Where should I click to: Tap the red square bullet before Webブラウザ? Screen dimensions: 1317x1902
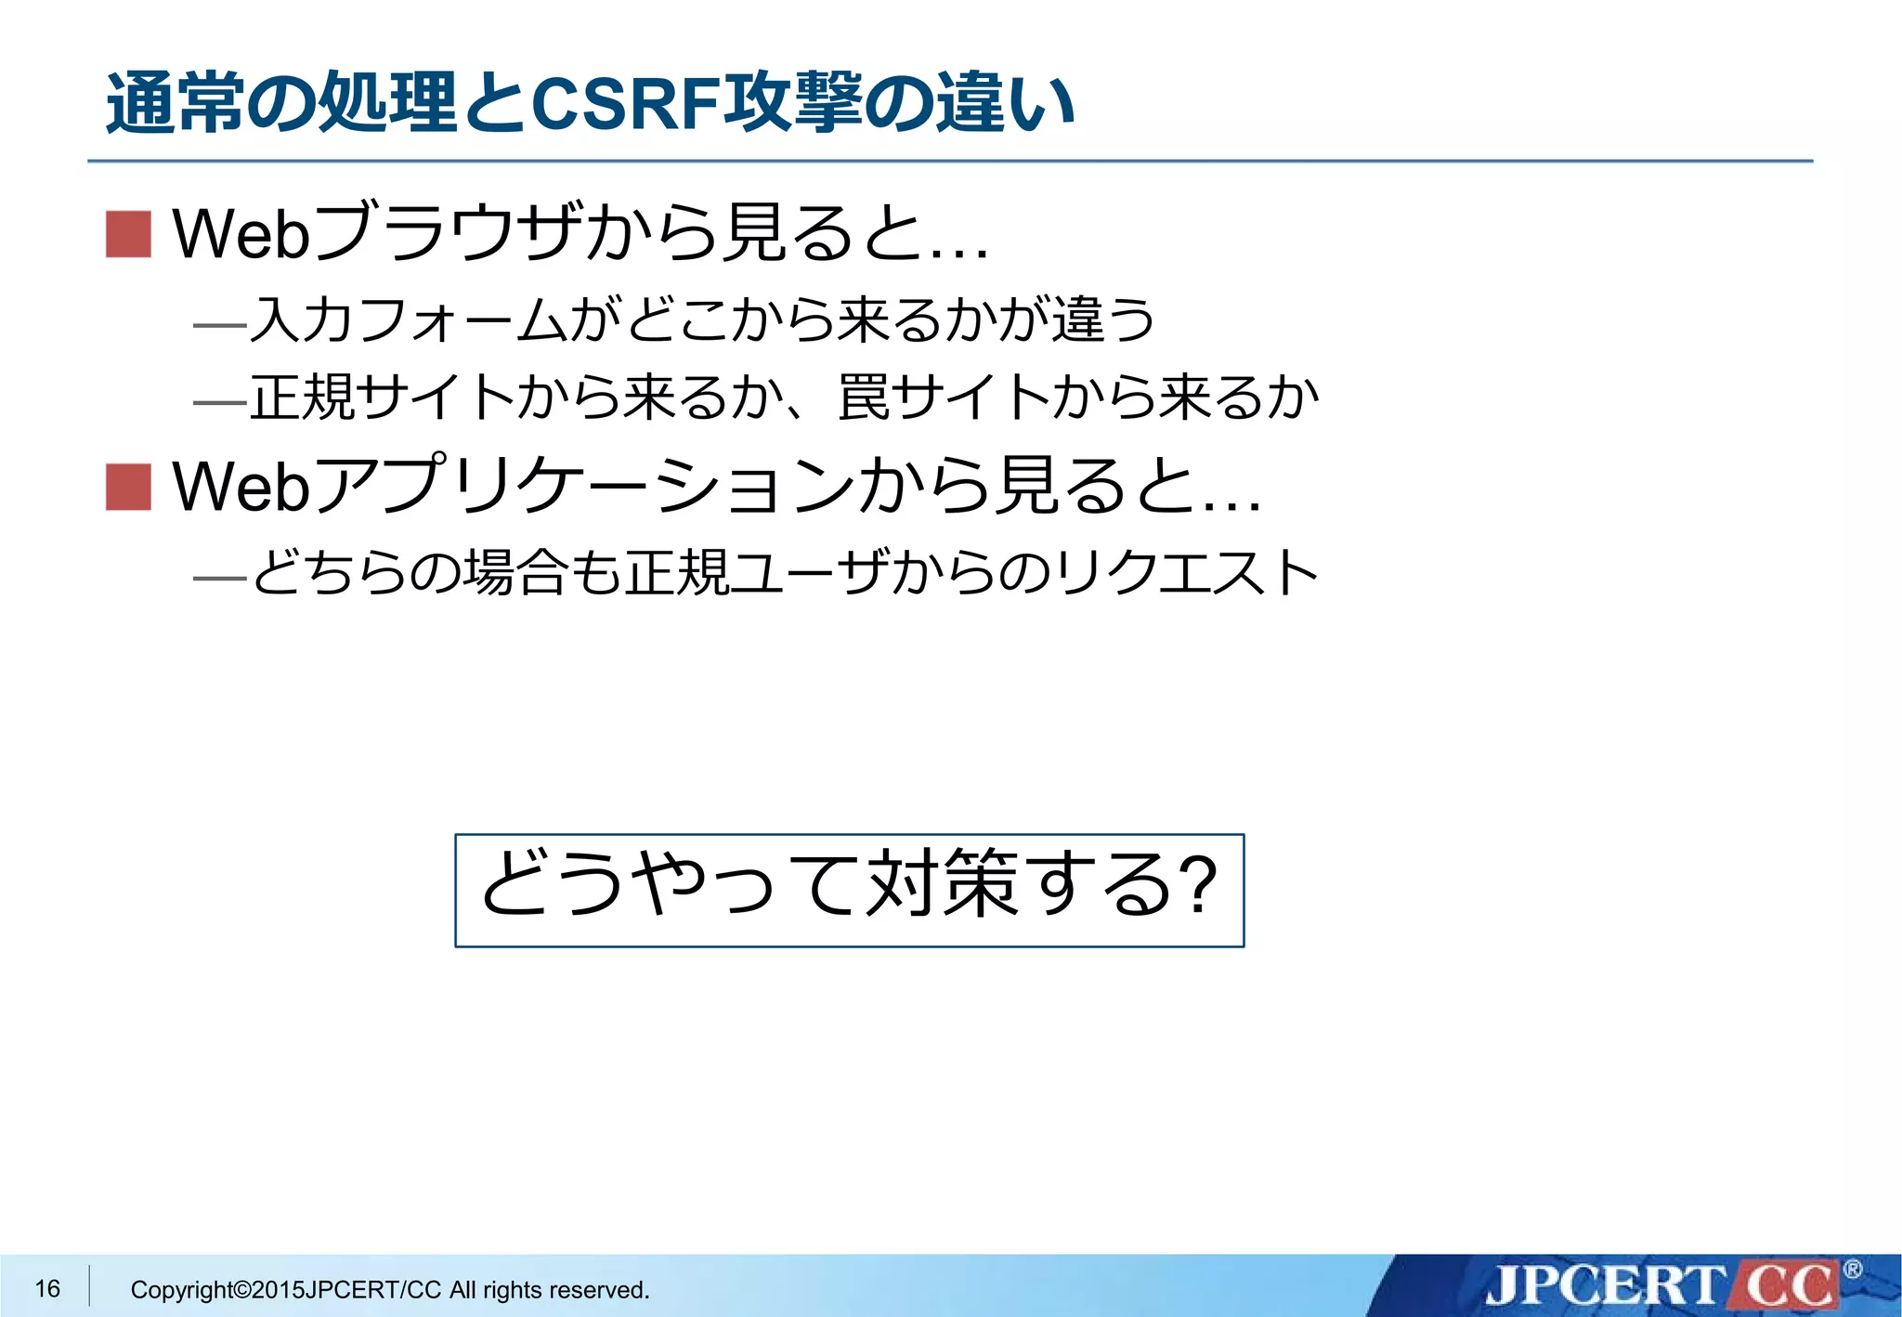tap(128, 233)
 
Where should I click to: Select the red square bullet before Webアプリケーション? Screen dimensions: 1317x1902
tap(128, 487)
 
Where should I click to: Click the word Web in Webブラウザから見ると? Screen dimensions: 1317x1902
tap(241, 233)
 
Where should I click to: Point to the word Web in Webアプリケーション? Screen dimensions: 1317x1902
tap(241, 487)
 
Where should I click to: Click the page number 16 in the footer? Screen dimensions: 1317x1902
tap(47, 1288)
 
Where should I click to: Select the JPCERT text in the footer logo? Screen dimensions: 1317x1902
tap(1604, 1286)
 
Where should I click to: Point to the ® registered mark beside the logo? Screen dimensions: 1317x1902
tap(1852, 1269)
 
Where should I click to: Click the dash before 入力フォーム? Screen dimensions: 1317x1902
tap(219, 325)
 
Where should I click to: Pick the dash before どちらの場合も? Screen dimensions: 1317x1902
tap(219, 578)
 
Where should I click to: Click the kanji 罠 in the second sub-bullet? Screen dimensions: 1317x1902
tap(863, 398)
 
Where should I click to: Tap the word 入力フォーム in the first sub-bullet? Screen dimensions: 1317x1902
tap(408, 319)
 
